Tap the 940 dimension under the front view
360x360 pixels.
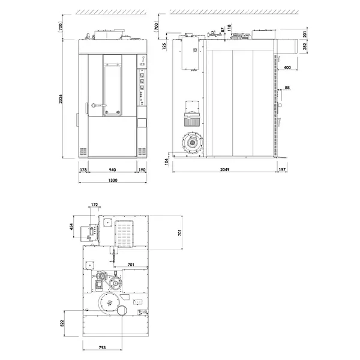tap(112, 170)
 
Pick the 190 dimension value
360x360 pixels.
tap(142, 170)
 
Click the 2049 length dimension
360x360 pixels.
tap(223, 170)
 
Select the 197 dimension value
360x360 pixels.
tap(283, 170)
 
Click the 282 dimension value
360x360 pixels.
tap(305, 46)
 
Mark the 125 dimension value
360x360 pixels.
tap(164, 46)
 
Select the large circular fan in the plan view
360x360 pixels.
tap(109, 304)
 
